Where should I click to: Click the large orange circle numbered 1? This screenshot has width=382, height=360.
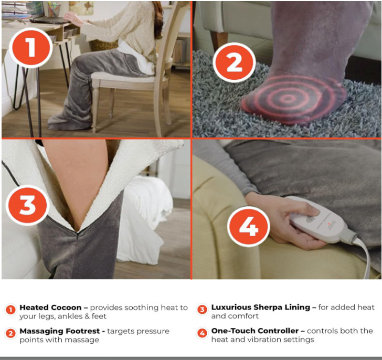(x=30, y=47)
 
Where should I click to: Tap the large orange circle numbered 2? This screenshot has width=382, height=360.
(x=235, y=62)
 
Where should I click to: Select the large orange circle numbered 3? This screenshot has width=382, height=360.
(x=27, y=205)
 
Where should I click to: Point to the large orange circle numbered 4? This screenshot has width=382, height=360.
(x=249, y=227)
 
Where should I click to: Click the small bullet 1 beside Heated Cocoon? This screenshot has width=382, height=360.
(x=10, y=310)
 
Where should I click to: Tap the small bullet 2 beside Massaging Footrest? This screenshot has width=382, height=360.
(x=10, y=333)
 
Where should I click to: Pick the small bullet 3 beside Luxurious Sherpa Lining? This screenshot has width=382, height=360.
(x=202, y=310)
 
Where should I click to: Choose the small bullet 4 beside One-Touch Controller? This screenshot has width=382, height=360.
(x=202, y=333)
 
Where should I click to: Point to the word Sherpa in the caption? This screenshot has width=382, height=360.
(x=269, y=308)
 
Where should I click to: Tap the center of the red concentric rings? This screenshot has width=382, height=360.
(x=288, y=99)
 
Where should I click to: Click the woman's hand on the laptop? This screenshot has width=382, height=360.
(x=72, y=17)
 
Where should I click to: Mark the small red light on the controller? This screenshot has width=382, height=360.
(x=328, y=224)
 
